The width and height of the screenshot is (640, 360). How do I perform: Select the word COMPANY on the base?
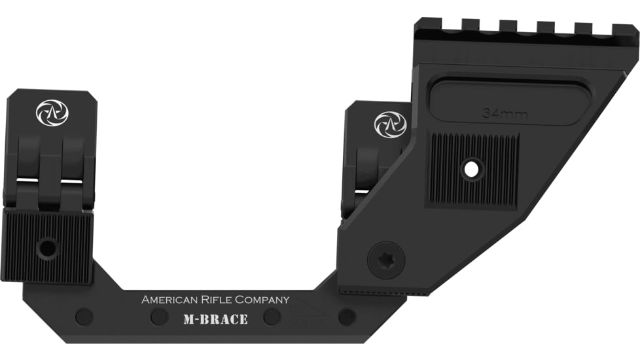[262, 300]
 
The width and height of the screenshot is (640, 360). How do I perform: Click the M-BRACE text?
[215, 320]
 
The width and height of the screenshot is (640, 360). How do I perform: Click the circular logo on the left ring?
[52, 113]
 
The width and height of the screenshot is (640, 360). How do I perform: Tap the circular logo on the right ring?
[390, 124]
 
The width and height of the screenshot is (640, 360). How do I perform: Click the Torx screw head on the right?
[386, 260]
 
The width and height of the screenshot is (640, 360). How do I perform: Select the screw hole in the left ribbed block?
[47, 247]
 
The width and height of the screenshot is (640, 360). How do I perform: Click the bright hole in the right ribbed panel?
[471, 169]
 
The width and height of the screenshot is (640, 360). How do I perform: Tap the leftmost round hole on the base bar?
[84, 317]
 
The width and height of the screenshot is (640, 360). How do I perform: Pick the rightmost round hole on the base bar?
[347, 317]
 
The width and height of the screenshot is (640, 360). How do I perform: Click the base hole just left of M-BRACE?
[159, 317]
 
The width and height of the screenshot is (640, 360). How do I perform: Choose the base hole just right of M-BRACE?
[272, 317]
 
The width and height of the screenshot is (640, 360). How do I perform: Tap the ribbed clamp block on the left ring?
[48, 245]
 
